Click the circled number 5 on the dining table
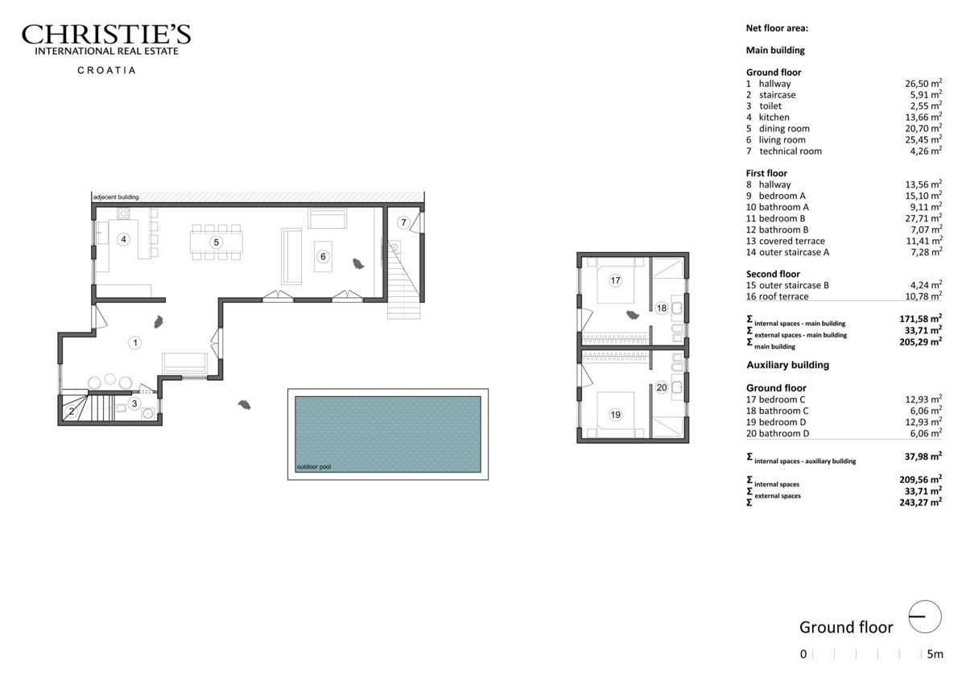point(216,242)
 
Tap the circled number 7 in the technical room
point(403,222)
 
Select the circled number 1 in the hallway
point(135,342)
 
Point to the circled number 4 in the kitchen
point(124,239)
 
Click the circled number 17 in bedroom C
point(615,280)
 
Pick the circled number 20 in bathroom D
point(661,387)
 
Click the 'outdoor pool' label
point(313,467)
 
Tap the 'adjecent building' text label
point(116,197)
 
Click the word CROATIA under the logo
point(106,70)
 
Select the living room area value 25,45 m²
point(923,139)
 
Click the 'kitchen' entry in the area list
point(774,118)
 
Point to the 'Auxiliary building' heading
point(787,365)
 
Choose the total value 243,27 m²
point(920,502)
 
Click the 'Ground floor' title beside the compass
point(846,627)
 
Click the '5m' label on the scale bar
point(935,654)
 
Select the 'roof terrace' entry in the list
point(783,296)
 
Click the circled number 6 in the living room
point(323,257)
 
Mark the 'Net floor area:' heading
point(777,28)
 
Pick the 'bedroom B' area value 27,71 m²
point(923,218)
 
